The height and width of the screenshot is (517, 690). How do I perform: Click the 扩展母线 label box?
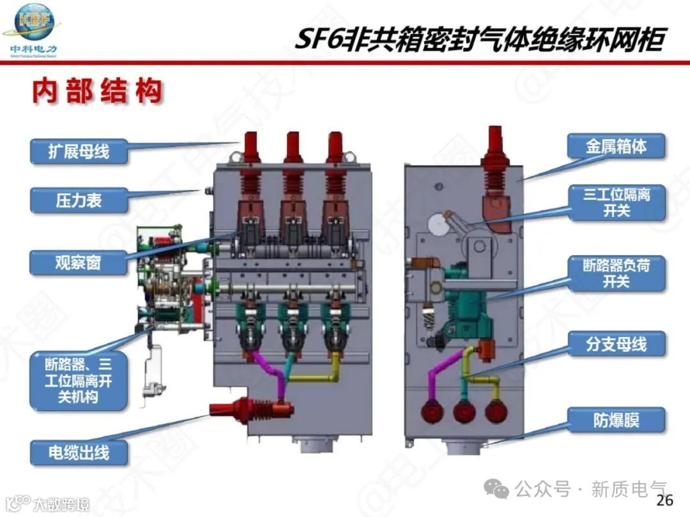click(x=79, y=151)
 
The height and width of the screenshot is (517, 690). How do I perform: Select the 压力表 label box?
click(x=79, y=201)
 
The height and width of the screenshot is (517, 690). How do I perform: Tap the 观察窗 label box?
click(x=79, y=261)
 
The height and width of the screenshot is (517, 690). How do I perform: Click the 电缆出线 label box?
click(x=79, y=453)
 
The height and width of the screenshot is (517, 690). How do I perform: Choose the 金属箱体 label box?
click(x=616, y=147)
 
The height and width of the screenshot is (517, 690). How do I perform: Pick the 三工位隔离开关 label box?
click(x=616, y=202)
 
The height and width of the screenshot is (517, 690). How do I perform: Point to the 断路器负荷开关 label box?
click(x=616, y=273)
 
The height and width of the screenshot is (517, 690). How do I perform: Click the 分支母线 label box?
click(x=616, y=345)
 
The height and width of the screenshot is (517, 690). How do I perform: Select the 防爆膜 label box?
click(x=616, y=421)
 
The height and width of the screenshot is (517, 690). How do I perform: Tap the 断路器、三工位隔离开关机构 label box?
click(x=79, y=382)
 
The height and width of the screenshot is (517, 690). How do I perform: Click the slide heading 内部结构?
click(x=97, y=92)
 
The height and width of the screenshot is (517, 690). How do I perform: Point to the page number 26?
click(x=664, y=500)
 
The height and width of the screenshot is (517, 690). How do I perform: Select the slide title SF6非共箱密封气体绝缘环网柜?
click(x=479, y=40)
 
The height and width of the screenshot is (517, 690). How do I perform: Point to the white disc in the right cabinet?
click(x=436, y=223)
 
